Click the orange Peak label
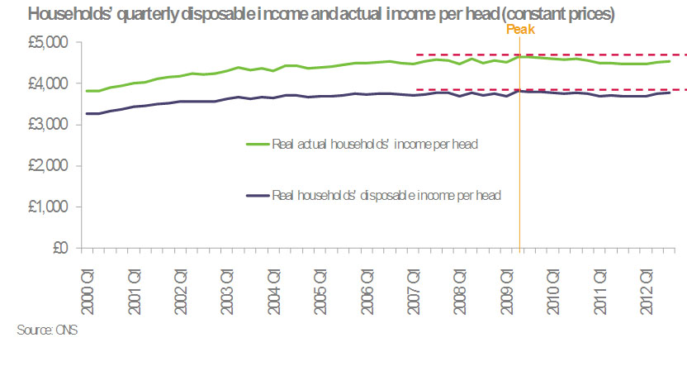coord(520,29)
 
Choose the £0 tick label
coord(62,248)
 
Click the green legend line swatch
coord(258,144)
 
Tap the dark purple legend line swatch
coord(258,195)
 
